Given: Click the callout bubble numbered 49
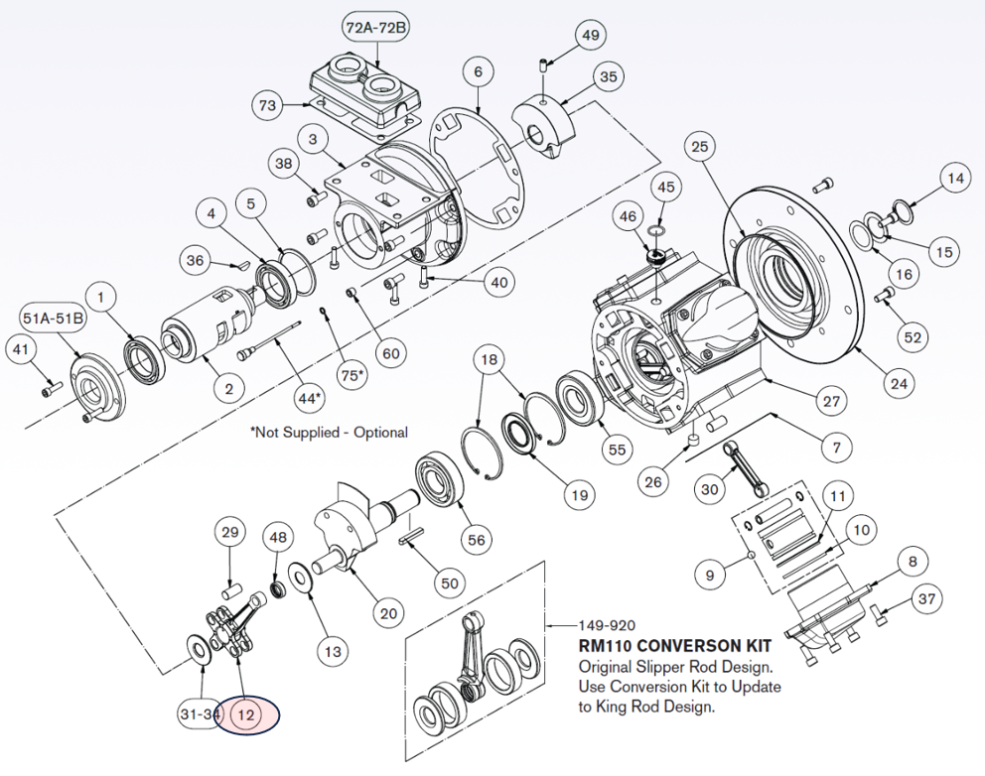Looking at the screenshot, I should [591, 36].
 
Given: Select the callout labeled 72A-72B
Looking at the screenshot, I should [375, 28].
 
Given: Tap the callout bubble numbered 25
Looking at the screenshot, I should [701, 148].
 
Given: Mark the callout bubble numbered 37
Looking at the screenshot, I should [926, 598].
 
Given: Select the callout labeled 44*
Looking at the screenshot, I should [311, 398].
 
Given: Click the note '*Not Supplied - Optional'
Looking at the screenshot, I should [329, 433].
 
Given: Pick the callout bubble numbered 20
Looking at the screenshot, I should [389, 613].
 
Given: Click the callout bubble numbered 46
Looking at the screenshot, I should [628, 216].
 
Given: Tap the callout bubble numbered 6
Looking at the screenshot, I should [478, 71].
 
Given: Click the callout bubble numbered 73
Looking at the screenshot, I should [267, 104].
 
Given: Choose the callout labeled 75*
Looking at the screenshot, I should [347, 375].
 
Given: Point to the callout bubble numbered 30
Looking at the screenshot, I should [709, 488].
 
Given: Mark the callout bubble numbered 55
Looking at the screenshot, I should [618, 449].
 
